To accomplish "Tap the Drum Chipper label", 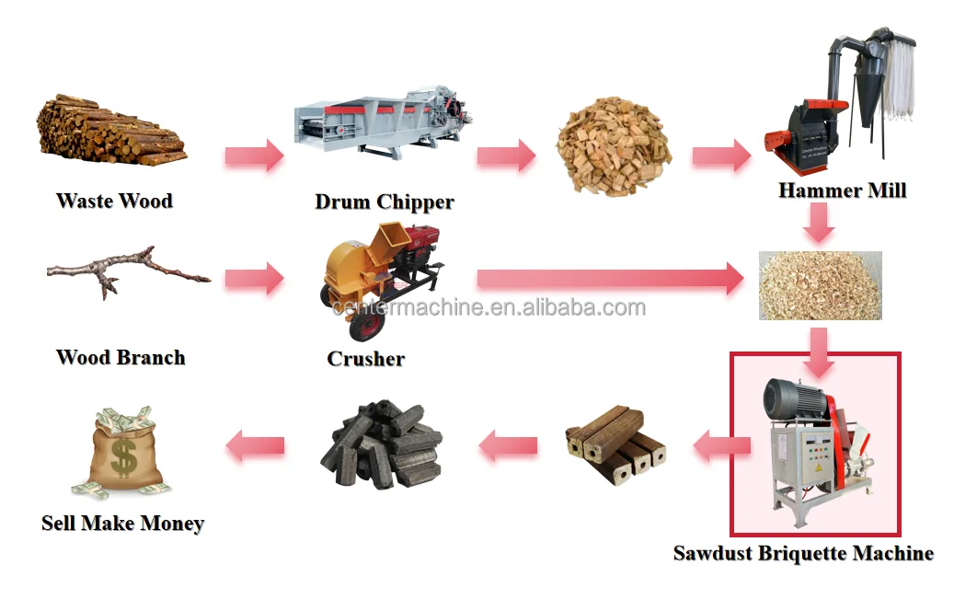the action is click(384, 202).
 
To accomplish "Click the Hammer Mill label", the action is click(842, 190).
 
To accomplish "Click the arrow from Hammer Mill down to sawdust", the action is click(818, 222).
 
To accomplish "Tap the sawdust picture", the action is click(819, 285).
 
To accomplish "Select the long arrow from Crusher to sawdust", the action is click(607, 278).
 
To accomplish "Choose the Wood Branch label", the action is click(121, 357).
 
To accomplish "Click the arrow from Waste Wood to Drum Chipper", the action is click(253, 156).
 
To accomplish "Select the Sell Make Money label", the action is click(122, 524).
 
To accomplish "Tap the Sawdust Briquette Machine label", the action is click(803, 553).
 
